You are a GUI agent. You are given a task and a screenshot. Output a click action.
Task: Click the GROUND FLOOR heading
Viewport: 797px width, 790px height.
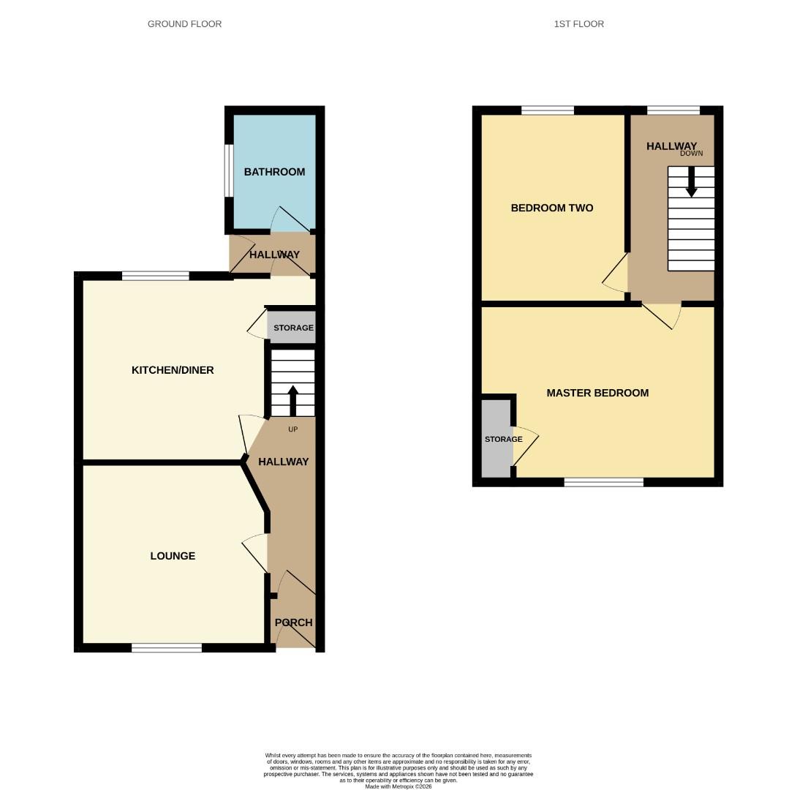tap(184, 24)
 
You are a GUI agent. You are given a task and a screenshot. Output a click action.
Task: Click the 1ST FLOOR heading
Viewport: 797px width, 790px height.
tap(578, 24)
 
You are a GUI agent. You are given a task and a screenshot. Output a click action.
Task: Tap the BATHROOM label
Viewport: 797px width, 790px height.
tap(274, 172)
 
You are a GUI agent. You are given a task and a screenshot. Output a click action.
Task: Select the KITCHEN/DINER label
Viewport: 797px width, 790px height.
tap(173, 370)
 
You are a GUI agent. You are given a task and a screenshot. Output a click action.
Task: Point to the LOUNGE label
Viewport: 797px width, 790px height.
tap(173, 556)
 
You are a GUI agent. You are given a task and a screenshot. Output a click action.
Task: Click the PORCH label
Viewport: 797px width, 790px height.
tap(293, 622)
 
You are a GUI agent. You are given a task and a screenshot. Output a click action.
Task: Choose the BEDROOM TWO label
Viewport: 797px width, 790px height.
tap(551, 208)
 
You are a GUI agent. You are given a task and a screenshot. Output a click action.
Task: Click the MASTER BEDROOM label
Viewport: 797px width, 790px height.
tap(597, 393)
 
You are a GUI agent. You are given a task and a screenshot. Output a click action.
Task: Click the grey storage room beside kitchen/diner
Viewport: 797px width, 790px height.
tap(293, 328)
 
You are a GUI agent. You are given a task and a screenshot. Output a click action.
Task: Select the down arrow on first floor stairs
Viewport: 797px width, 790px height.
tap(691, 182)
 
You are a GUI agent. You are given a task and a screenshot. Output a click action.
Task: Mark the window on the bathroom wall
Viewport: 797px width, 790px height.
tap(228, 170)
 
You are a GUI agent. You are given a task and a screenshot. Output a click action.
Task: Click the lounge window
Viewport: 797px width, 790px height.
tap(167, 647)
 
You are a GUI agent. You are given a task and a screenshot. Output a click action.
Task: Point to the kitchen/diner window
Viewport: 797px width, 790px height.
tap(155, 276)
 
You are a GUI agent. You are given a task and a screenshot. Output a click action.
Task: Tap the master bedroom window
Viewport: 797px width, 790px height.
tap(603, 482)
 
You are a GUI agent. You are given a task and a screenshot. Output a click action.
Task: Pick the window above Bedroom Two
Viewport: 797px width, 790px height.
tap(547, 110)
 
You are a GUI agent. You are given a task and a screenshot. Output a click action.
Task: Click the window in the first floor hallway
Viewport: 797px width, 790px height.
tap(673, 110)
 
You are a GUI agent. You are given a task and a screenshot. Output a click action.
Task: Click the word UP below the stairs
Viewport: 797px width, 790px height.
tap(292, 429)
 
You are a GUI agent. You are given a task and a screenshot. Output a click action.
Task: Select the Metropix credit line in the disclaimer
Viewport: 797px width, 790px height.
tap(398, 786)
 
